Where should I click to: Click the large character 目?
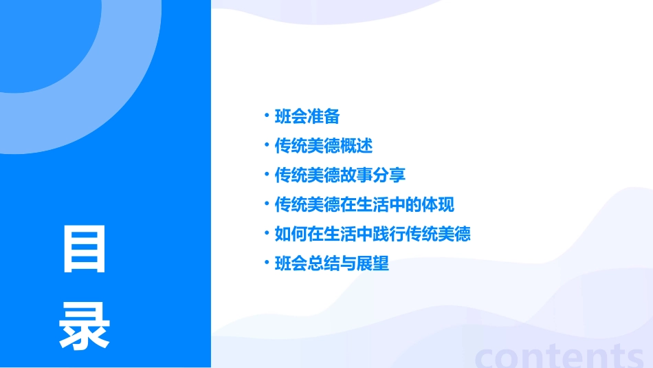[x=85, y=249]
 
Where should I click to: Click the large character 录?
[x=85, y=325]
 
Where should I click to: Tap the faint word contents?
[x=560, y=355]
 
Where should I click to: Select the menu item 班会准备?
[x=307, y=116]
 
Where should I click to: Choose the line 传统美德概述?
[x=323, y=146]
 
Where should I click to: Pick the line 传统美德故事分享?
[x=340, y=175]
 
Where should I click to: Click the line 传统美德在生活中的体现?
[x=364, y=205]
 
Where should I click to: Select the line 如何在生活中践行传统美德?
[x=372, y=234]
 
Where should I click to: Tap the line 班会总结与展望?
[x=331, y=263]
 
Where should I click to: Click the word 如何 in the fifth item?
[x=291, y=234]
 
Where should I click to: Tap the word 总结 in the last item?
[x=324, y=263]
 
